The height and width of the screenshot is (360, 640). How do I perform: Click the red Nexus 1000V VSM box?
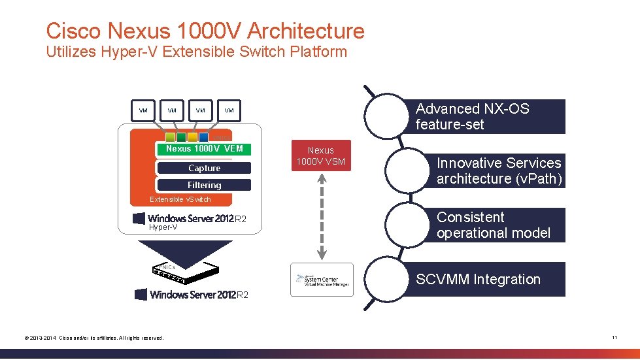tap(321, 155)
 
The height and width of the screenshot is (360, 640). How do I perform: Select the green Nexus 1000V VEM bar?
tap(204, 149)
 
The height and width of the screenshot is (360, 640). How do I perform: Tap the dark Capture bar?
tap(204, 168)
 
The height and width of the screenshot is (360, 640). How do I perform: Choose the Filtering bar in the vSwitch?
tap(204, 185)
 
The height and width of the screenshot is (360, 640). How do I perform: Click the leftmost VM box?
tap(143, 110)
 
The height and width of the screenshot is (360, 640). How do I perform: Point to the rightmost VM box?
tap(229, 110)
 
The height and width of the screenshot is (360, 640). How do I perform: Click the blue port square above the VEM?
tap(204, 137)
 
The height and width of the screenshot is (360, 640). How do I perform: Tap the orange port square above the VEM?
tap(192, 137)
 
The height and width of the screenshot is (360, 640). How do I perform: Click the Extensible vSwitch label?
tap(180, 199)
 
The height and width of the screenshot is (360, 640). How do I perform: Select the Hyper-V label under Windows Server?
tap(163, 227)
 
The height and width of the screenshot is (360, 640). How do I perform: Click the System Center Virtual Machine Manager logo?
tap(321, 280)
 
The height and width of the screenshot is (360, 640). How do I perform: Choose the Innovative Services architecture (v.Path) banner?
tap(497, 171)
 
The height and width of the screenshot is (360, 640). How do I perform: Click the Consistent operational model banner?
tap(497, 225)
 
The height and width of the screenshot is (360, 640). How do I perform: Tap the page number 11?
tap(615, 337)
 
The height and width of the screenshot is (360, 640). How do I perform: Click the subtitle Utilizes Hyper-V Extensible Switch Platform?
tap(196, 52)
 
